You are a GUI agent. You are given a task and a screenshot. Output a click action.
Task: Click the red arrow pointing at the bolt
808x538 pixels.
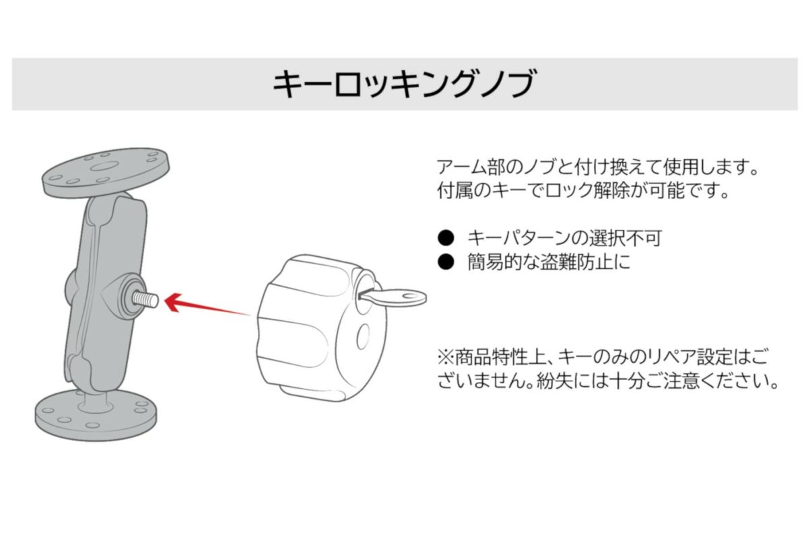coord(202,306)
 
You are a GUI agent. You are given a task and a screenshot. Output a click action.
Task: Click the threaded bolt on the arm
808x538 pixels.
coord(147,298)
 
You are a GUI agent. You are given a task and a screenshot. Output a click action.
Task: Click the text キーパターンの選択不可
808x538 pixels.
coord(564,237)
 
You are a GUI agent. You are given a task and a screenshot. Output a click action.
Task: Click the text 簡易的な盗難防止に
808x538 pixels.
coord(549,263)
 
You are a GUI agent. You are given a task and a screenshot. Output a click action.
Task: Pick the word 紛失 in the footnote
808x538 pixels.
coord(551,383)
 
